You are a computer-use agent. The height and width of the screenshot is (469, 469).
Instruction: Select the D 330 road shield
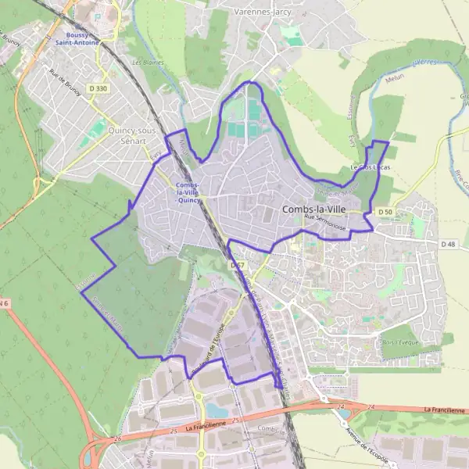98,90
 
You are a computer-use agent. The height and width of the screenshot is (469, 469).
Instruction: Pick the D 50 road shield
384,212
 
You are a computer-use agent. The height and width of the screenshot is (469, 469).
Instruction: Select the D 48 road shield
448,244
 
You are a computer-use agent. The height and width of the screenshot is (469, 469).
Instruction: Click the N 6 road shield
4,303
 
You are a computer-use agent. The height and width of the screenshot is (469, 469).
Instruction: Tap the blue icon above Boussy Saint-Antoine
97,16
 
